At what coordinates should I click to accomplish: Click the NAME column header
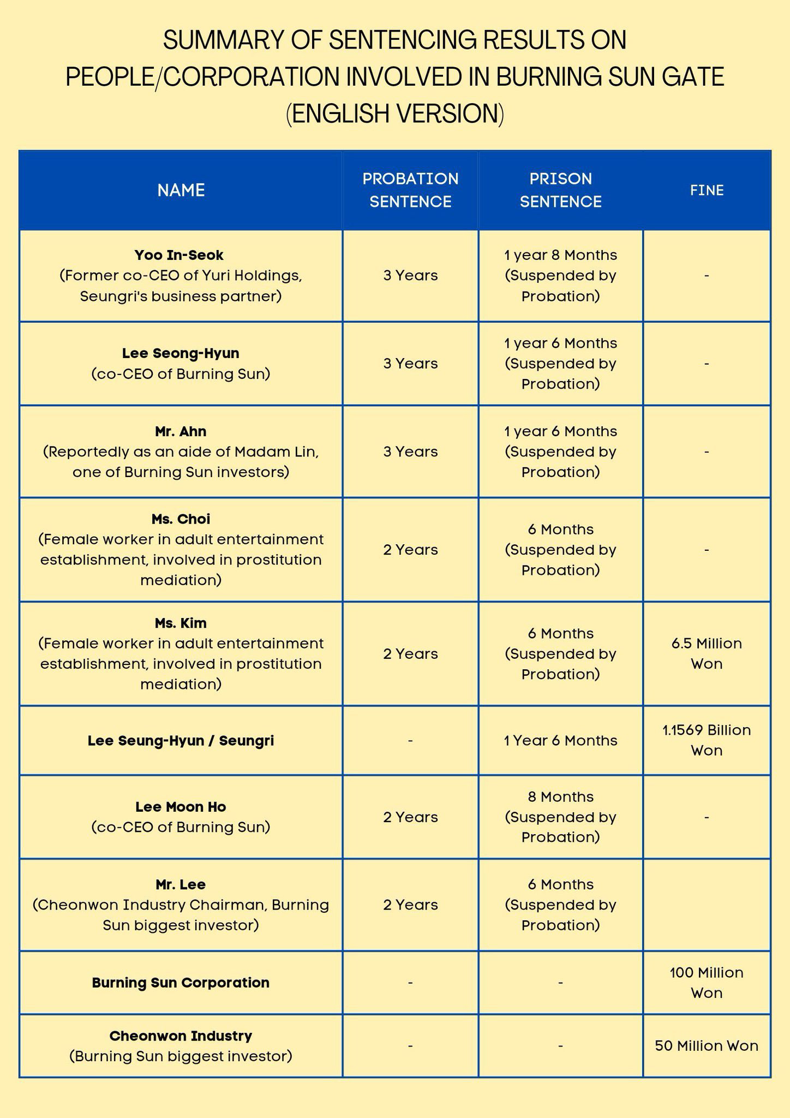[181, 190]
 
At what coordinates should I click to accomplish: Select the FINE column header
[707, 190]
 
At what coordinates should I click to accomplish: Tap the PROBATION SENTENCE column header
[410, 190]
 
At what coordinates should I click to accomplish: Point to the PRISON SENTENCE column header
[560, 190]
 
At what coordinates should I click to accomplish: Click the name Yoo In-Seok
[179, 255]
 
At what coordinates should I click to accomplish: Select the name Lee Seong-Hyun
[181, 353]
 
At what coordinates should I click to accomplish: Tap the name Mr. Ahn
[181, 431]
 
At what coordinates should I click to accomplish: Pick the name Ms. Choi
[181, 519]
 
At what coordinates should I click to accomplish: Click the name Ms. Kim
[181, 623]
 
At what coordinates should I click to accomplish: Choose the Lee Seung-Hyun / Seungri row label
[181, 741]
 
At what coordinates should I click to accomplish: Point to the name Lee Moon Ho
[181, 807]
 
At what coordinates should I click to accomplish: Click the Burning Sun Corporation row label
[181, 983]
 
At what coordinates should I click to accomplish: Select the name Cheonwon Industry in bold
[181, 1036]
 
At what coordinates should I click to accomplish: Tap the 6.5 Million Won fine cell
[707, 653]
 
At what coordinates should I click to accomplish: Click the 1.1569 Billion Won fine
[707, 740]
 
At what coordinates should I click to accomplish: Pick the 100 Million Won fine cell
[707, 983]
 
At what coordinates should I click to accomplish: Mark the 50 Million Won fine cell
[707, 1045]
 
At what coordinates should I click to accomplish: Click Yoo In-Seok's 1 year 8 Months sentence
[560, 255]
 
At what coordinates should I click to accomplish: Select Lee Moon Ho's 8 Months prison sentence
[560, 797]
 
